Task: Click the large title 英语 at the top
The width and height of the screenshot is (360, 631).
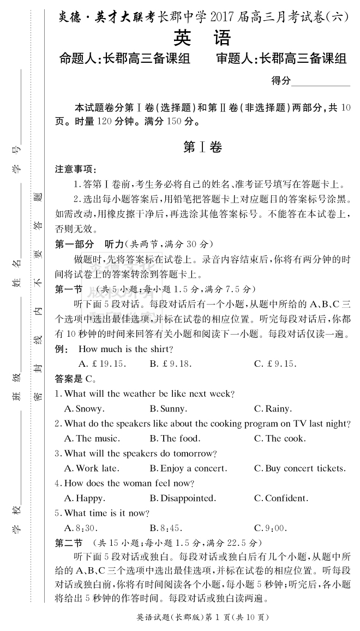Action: coord(202,38)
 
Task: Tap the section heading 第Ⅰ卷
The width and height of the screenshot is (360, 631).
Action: coord(202,147)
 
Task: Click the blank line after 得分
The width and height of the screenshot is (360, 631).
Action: coord(321,82)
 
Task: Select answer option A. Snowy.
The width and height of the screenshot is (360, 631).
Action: coord(84,409)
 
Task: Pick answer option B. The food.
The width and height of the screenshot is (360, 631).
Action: coord(175,438)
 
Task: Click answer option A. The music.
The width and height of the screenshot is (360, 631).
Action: coord(91,438)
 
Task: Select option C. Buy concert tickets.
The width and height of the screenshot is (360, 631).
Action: coord(299,468)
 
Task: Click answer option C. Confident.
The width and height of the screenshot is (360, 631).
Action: coord(281,498)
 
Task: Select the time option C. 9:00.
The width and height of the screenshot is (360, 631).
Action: coord(270,528)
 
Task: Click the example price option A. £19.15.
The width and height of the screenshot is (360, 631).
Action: coord(102,364)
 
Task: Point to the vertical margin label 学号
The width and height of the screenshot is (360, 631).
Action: coord(16,159)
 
